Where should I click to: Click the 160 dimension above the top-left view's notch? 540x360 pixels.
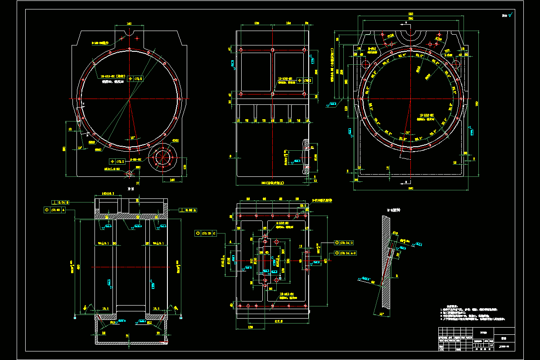(129, 23)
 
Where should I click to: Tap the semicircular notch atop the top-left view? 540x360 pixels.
(129, 33)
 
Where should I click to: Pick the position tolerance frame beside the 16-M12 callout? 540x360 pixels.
(135, 78)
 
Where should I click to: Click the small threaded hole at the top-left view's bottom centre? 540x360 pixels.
(130, 173)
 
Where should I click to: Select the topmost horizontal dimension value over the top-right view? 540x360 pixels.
(410, 14)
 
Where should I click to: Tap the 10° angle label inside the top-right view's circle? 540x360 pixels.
(408, 133)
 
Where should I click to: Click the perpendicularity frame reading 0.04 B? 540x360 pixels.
(63, 202)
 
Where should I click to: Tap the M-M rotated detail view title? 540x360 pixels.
(394, 210)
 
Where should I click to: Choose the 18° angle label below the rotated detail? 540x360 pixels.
(382, 314)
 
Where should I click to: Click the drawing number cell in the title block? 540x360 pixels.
(504, 347)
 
